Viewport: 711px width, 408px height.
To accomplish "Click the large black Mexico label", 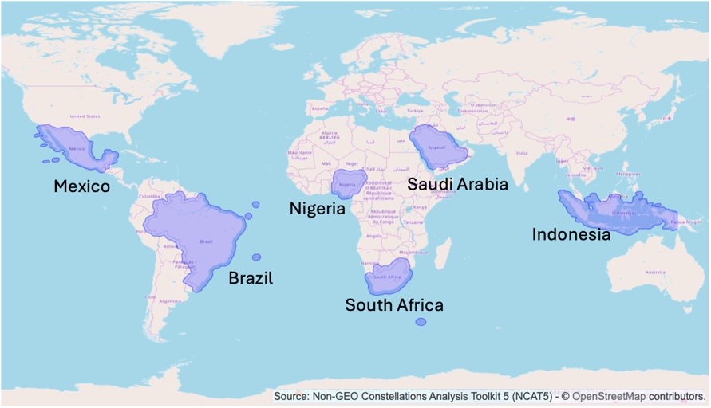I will [x=81, y=186].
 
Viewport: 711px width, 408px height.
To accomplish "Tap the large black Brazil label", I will [x=251, y=278].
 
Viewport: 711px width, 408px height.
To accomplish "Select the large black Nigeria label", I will [x=318, y=209].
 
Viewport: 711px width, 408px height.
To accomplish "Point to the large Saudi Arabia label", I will [x=457, y=184].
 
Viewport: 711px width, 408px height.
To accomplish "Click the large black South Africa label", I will [x=394, y=304].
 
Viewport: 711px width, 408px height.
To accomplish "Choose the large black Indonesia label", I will [x=571, y=234].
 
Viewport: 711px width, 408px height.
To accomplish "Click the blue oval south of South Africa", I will [x=421, y=322].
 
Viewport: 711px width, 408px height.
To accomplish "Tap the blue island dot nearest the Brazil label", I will [x=256, y=257].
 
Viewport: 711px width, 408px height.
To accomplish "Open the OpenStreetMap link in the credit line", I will [x=609, y=396].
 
